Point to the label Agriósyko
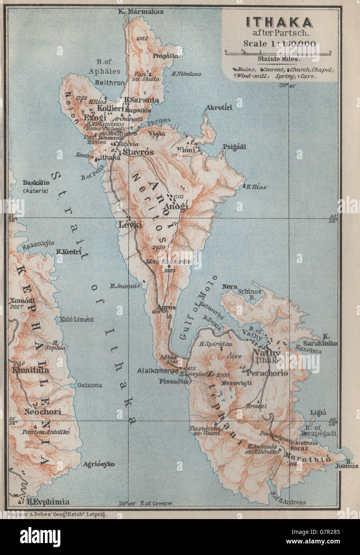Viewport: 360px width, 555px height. pos(99,464)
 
